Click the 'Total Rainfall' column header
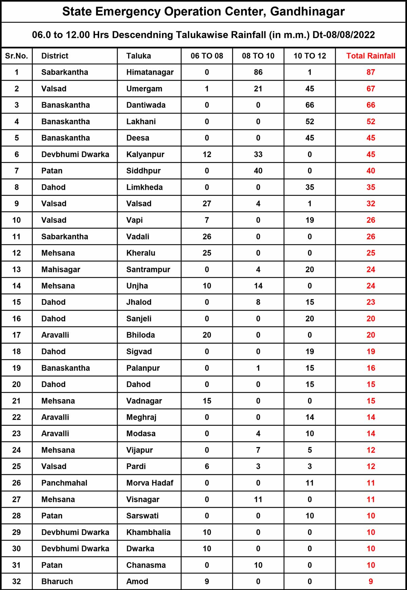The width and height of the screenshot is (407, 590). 371,56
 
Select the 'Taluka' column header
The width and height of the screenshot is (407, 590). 139,56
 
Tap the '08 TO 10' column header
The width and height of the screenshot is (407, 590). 258,56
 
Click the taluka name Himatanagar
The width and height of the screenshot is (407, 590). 150,72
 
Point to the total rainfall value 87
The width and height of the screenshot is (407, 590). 371,72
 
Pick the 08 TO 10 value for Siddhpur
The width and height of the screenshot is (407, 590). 258,171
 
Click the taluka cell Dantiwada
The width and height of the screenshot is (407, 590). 146,105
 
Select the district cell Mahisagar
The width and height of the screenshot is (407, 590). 61,270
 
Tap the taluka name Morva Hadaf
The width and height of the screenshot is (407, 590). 150,483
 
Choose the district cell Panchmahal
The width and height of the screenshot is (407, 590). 64,483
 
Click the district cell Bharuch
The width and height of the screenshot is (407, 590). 57,582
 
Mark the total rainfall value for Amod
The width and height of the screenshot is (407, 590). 371,582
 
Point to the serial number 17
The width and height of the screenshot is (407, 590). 17,335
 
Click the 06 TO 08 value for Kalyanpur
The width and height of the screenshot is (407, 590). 207,154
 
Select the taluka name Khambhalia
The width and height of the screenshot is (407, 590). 148,532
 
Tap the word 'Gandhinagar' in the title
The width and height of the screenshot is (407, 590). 307,12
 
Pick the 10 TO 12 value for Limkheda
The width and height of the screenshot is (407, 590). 310,187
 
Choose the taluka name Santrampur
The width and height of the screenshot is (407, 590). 148,270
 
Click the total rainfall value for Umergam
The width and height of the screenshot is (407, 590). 371,89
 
